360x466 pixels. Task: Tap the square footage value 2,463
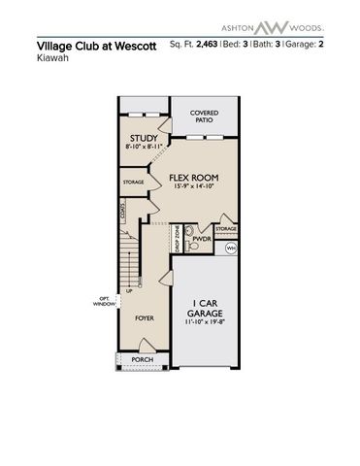[x=207, y=44]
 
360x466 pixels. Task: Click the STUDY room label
[x=144, y=139]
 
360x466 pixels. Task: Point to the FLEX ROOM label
[x=193, y=179]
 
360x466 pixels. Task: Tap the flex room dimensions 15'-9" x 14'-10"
[x=193, y=189]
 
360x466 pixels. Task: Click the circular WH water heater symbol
[x=231, y=249]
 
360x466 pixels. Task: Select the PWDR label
[x=203, y=238]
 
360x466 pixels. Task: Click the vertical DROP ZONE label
[x=177, y=240]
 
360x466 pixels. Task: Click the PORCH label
[x=142, y=359]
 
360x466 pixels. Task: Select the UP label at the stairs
[x=128, y=289]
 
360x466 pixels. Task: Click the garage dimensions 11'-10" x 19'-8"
[x=205, y=324]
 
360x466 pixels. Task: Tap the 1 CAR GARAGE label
[x=205, y=308]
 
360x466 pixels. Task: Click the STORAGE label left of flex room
[x=134, y=182]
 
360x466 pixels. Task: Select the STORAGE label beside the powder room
[x=225, y=229]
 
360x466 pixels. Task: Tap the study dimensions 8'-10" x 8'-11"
[x=144, y=149]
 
